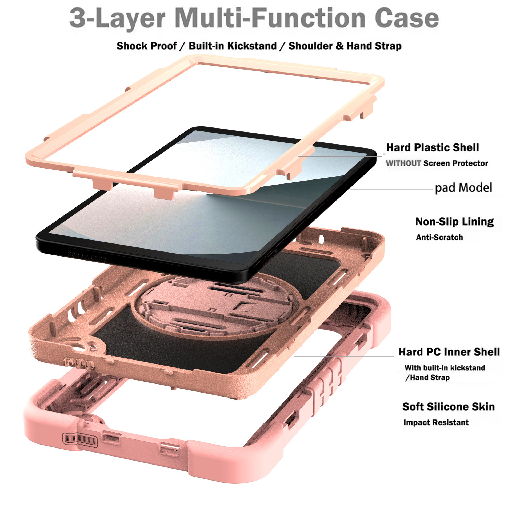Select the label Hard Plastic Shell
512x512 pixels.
(432, 147)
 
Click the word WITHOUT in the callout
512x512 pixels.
(403, 163)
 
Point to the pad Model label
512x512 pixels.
(463, 188)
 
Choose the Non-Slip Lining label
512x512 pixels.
(454, 222)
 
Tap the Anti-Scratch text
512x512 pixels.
(439, 237)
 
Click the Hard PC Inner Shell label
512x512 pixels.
(449, 352)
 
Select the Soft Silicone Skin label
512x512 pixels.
(449, 407)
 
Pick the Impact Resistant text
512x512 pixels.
(436, 422)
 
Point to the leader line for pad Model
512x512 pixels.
(392, 189)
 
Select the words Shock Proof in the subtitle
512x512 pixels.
(146, 46)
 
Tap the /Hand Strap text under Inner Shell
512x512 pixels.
(427, 378)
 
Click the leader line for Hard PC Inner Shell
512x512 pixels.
(344, 356)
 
